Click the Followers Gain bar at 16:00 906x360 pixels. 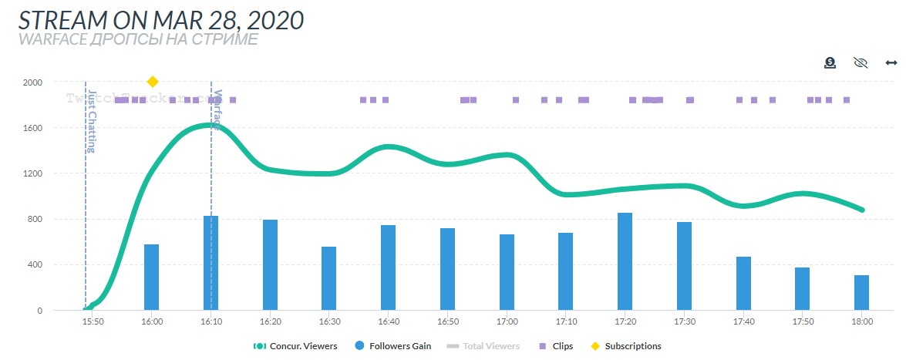click(x=151, y=278)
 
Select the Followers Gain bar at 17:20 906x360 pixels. click(x=625, y=262)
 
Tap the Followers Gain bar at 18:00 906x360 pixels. click(x=861, y=293)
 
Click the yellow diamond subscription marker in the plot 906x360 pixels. click(x=153, y=82)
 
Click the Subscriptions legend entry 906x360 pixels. click(x=626, y=346)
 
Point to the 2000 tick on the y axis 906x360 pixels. click(x=32, y=82)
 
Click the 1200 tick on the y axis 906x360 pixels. click(x=32, y=173)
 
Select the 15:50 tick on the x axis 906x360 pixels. click(x=93, y=321)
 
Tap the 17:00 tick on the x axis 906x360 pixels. click(x=507, y=321)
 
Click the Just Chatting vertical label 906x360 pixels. click(x=92, y=122)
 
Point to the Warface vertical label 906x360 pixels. click(x=217, y=109)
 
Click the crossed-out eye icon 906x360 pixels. click(x=861, y=62)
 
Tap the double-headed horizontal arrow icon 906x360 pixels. click(x=891, y=62)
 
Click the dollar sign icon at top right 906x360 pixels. click(x=830, y=62)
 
